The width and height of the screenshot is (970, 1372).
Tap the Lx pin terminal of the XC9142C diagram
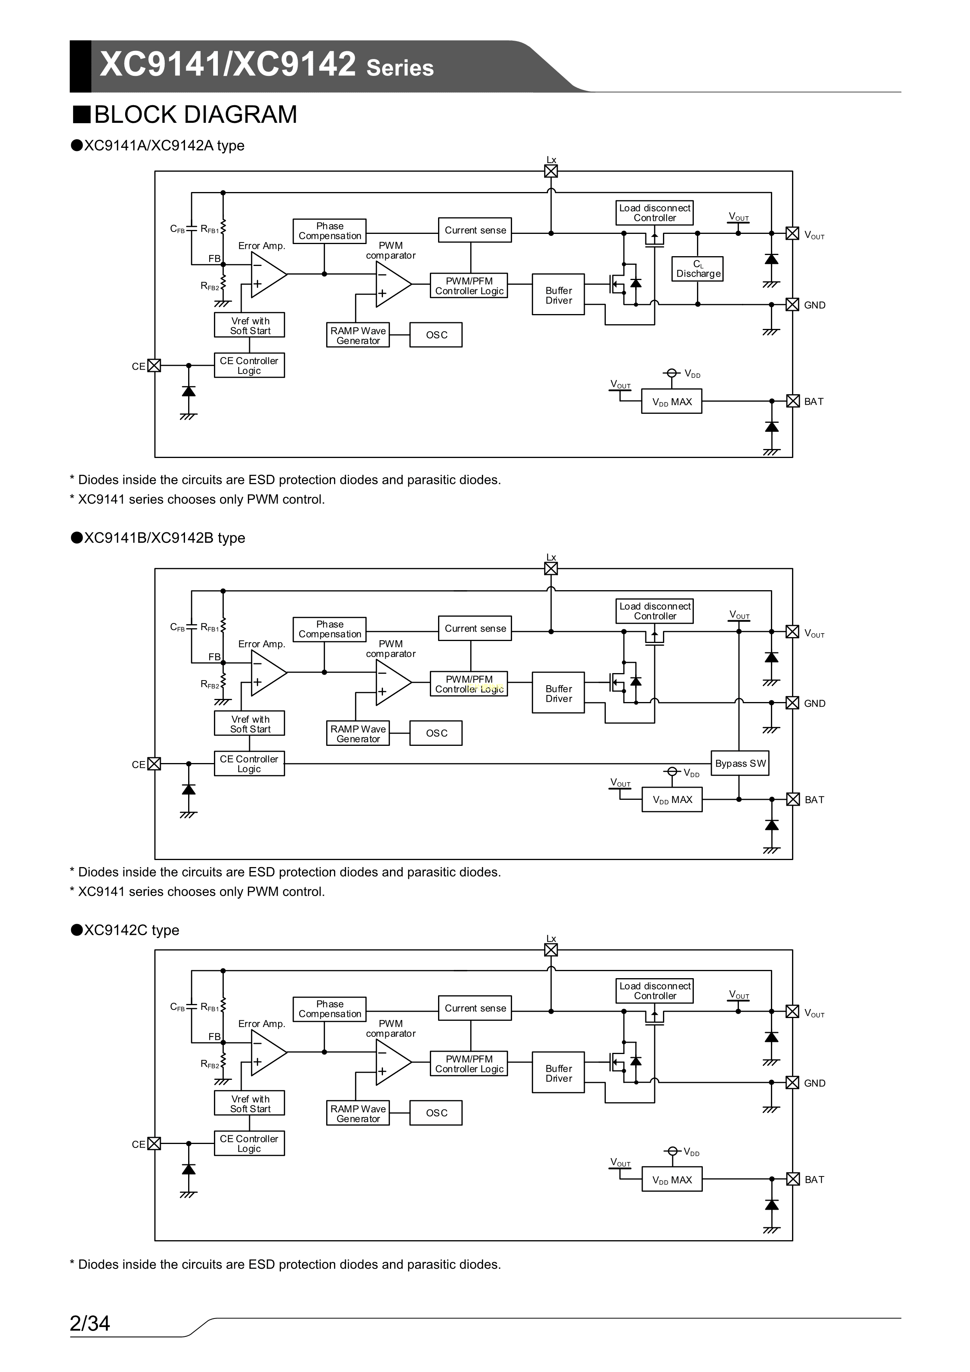click(x=551, y=950)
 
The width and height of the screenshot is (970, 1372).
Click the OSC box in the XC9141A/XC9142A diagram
click(x=436, y=335)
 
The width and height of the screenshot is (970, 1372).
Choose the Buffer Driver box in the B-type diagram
click(x=558, y=693)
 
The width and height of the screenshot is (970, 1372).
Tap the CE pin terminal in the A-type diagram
click(x=154, y=366)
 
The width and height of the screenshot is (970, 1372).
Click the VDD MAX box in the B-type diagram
click(x=672, y=799)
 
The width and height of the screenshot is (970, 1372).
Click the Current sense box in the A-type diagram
click(x=475, y=230)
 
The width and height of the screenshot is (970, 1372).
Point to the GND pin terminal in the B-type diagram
click(x=792, y=703)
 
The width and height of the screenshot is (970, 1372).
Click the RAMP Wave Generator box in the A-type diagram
click(x=357, y=335)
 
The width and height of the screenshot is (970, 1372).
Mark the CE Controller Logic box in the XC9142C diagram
click(x=249, y=1143)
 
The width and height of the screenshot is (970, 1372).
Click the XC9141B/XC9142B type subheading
click(x=164, y=538)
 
